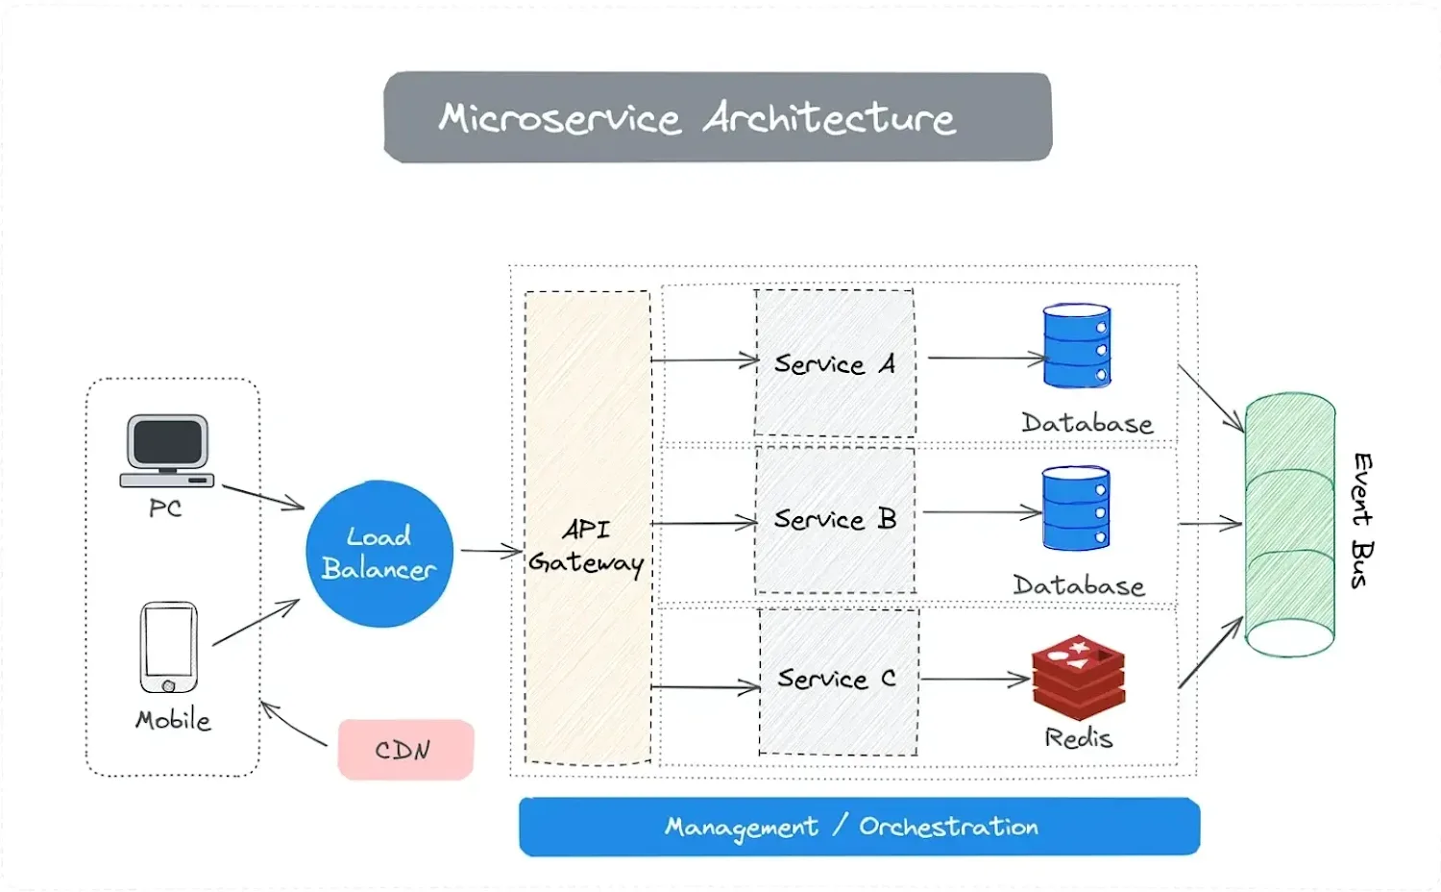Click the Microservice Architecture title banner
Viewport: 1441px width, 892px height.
[718, 116]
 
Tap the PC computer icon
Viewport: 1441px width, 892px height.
[166, 451]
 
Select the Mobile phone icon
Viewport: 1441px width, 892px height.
[168, 647]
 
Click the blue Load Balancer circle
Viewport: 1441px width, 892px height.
[379, 554]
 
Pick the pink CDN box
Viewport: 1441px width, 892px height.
[406, 750]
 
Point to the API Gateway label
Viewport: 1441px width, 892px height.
[586, 546]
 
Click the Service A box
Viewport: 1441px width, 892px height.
[835, 363]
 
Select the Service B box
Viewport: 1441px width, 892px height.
[835, 520]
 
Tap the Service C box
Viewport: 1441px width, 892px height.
[839, 681]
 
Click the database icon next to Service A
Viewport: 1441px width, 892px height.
[1077, 346]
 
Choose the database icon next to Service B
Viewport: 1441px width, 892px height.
[1076, 508]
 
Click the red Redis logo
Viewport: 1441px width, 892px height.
[1078, 677]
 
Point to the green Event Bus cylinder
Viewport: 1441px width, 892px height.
[1290, 525]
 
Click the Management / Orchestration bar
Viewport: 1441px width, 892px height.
[860, 827]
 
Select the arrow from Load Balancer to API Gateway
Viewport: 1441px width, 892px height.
[491, 551]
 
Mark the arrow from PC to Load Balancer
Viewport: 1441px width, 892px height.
[264, 498]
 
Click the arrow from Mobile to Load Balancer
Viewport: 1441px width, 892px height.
[256, 622]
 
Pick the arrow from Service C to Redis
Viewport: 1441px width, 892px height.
[975, 679]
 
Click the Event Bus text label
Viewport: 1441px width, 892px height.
[1362, 521]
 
